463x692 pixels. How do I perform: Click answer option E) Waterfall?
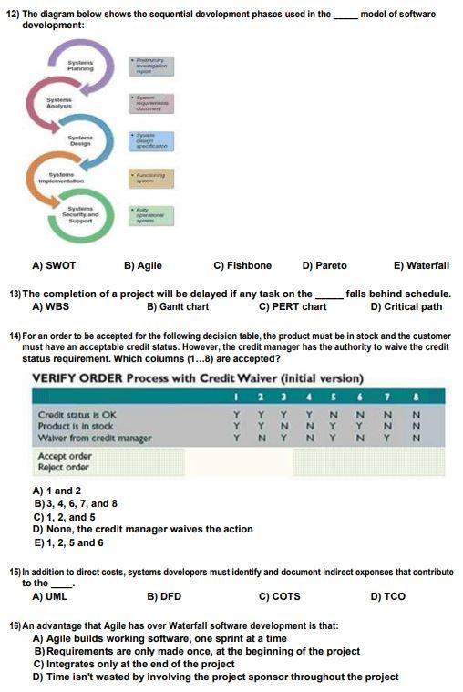pyautogui.click(x=421, y=265)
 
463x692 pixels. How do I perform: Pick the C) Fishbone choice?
pyautogui.click(x=242, y=265)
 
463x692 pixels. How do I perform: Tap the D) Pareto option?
pyautogui.click(x=324, y=265)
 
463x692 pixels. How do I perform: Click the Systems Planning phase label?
pyautogui.click(x=80, y=65)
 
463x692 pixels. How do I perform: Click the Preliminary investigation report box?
pyautogui.click(x=152, y=66)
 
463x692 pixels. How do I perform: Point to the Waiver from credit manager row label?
pyautogui.click(x=95, y=439)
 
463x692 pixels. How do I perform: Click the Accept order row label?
pyautogui.click(x=65, y=455)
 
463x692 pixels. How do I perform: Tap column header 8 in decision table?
pyautogui.click(x=417, y=396)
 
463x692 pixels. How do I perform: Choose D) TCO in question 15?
pyautogui.click(x=388, y=596)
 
